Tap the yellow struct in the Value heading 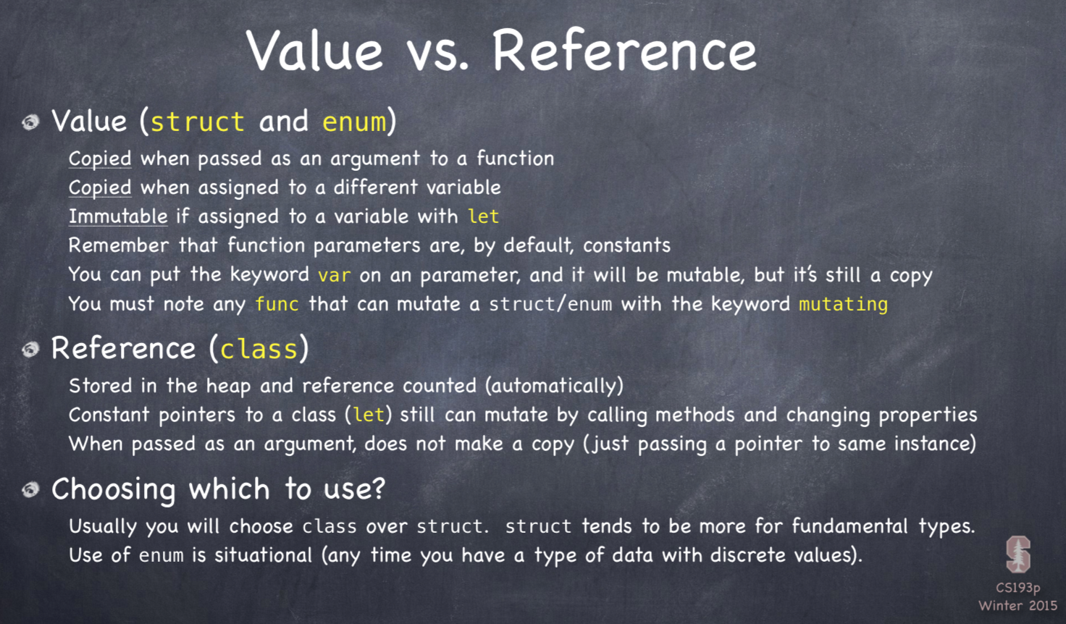click(198, 122)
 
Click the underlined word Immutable click(118, 216)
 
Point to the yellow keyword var click(335, 275)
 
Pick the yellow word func click(277, 304)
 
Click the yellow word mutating click(843, 304)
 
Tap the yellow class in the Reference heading click(259, 349)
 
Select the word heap click(228, 386)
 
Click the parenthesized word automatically click(554, 386)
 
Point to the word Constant click(109, 415)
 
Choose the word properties click(928, 416)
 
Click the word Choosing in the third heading click(114, 490)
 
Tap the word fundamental click(850, 526)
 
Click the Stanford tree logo click(1018, 554)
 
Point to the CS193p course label click(1018, 588)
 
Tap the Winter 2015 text click(1017, 605)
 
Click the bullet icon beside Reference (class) click(31, 350)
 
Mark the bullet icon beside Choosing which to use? click(31, 489)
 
